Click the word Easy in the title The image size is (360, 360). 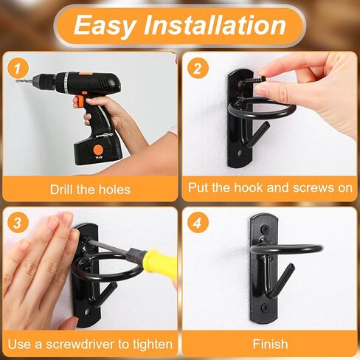105,25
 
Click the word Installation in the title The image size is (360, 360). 215,24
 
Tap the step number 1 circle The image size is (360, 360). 18,69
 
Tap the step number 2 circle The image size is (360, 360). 198,69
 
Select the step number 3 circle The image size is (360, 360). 18,223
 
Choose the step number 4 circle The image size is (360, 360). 198,223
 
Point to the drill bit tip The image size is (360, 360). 16,80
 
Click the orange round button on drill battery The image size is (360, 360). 97,150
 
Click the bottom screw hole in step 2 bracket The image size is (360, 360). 240,153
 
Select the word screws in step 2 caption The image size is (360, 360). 311,188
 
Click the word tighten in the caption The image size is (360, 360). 153,345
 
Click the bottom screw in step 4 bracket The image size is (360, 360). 265,306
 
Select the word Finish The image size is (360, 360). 270,344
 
